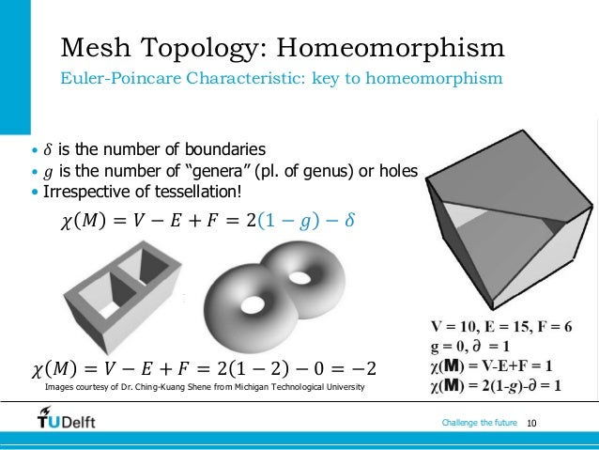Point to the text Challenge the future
click(x=479, y=425)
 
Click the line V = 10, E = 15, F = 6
click(x=500, y=327)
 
